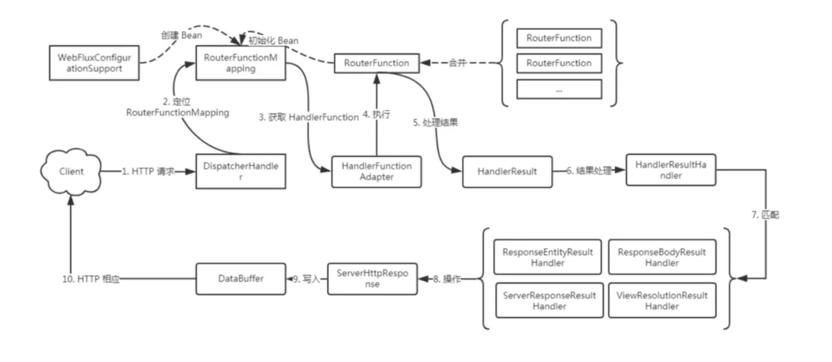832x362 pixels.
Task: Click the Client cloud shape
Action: pyautogui.click(x=71, y=171)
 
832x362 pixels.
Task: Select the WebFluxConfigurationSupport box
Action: pyautogui.click(x=94, y=63)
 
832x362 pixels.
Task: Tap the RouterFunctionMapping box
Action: pyautogui.click(x=241, y=63)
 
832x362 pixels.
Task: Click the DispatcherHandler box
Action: pyautogui.click(x=241, y=171)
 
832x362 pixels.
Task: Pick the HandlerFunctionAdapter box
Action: pyautogui.click(x=376, y=172)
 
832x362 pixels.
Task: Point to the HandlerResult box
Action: pyautogui.click(x=507, y=172)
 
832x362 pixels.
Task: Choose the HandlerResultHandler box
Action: pyautogui.click(x=670, y=170)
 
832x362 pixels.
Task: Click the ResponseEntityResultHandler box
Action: pyautogui.click(x=547, y=257)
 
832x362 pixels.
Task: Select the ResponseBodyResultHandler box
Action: pyautogui.click(x=662, y=257)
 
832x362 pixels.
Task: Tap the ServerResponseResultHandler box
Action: pyautogui.click(x=549, y=300)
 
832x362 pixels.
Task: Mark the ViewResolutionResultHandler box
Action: pyautogui.click(x=662, y=300)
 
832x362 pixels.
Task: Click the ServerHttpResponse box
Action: pyautogui.click(x=372, y=279)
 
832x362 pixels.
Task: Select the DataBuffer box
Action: pyautogui.click(x=241, y=279)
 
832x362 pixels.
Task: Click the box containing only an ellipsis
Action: pyautogui.click(x=559, y=89)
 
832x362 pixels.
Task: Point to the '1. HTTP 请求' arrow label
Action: pyautogui.click(x=148, y=171)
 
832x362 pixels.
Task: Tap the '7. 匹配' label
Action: pyautogui.click(x=765, y=215)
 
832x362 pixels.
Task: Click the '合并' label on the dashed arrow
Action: pyautogui.click(x=457, y=63)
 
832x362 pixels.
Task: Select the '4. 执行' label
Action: pyautogui.click(x=376, y=114)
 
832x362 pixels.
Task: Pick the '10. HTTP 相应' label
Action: pyautogui.click(x=91, y=279)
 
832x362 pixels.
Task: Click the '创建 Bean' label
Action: pyautogui.click(x=181, y=35)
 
